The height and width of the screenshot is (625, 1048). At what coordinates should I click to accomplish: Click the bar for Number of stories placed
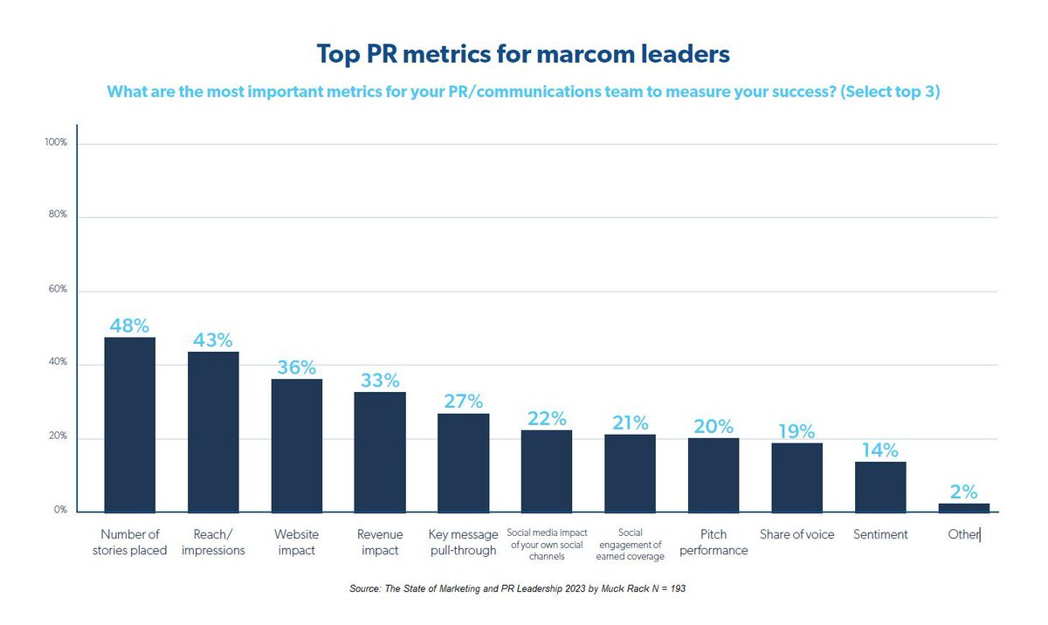(x=129, y=424)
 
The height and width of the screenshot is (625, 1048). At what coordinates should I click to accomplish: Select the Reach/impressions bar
(x=213, y=432)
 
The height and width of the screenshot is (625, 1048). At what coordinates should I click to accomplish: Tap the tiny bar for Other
(x=964, y=507)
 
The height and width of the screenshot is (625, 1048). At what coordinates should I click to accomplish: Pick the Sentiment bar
(x=880, y=487)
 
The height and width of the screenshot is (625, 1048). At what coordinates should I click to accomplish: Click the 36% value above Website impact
(x=296, y=367)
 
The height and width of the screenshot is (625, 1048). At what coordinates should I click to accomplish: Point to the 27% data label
(x=463, y=402)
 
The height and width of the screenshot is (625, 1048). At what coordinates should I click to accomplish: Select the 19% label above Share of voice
(x=796, y=431)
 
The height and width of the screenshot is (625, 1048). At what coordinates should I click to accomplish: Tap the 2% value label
(x=964, y=491)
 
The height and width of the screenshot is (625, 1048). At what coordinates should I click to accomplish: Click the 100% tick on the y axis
(x=56, y=142)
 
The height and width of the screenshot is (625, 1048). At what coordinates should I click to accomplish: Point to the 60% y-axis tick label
(x=58, y=289)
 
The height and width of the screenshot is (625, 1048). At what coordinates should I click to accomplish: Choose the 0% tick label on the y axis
(x=60, y=510)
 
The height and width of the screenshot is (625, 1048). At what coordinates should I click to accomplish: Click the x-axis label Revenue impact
(x=380, y=542)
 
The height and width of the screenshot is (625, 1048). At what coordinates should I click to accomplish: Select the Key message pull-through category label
(x=463, y=542)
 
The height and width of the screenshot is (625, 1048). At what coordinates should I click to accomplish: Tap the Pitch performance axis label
(x=714, y=542)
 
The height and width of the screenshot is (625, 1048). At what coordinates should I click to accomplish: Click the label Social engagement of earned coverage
(x=630, y=544)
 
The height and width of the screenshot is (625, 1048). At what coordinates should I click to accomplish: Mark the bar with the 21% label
(x=630, y=472)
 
